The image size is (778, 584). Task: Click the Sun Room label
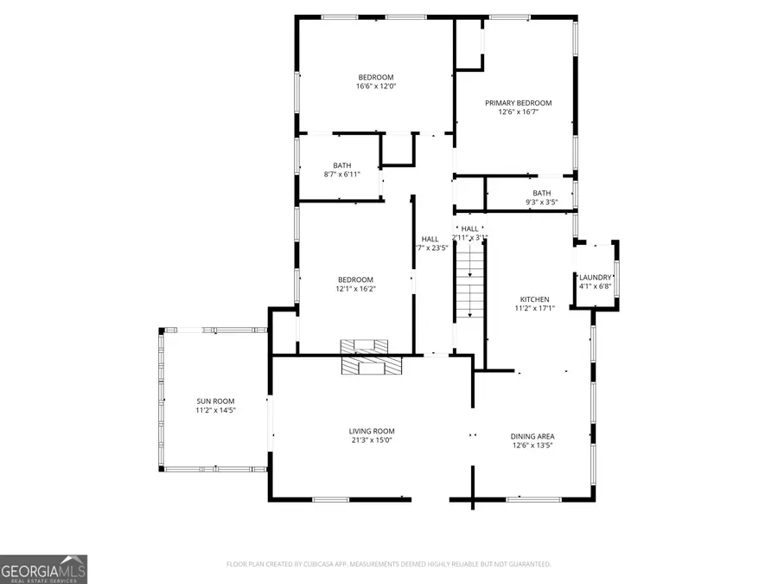point(215,401)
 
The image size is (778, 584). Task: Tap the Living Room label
point(372,431)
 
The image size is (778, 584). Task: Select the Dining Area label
point(532,436)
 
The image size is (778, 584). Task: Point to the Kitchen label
point(534,298)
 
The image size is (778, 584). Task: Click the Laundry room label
point(595,277)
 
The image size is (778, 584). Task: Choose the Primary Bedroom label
point(518,103)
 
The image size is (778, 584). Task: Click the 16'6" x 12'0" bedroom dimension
point(376,86)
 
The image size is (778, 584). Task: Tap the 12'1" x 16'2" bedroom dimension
point(355,289)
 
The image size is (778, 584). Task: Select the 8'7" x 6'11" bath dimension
point(341,175)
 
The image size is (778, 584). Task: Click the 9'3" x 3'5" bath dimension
point(541,202)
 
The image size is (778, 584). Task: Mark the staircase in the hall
point(469,281)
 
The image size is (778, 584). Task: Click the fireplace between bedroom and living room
point(371,356)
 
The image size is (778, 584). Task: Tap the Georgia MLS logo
point(43,568)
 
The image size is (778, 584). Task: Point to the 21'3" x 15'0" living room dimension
point(372,440)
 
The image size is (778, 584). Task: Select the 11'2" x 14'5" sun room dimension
point(215,410)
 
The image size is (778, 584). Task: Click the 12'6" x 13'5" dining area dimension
point(532,446)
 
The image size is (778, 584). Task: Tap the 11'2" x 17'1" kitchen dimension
point(534,308)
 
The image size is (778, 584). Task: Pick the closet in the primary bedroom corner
point(469,43)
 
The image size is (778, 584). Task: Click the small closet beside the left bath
point(398,150)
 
